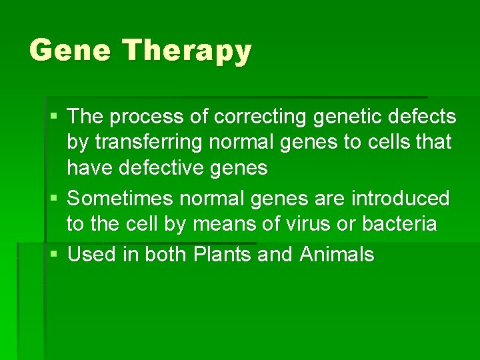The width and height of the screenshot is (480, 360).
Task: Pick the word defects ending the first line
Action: [423, 117]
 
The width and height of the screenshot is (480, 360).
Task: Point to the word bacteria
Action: [399, 224]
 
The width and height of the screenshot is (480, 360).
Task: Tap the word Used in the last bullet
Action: [91, 254]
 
